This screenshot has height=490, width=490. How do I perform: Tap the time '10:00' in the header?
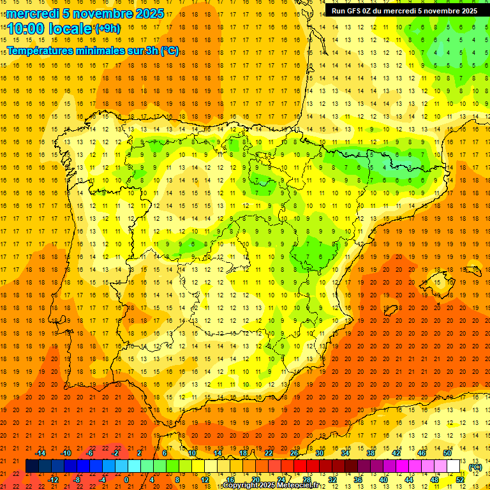click(26, 29)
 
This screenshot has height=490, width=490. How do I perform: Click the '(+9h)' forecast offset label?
click(107, 28)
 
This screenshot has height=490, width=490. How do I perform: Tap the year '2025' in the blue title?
click(150, 13)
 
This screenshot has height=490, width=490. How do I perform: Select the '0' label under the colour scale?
click(126, 479)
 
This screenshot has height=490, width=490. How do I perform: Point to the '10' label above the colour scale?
click(191, 453)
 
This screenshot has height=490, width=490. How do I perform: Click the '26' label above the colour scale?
click(294, 453)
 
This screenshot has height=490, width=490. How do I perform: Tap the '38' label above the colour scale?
click(371, 453)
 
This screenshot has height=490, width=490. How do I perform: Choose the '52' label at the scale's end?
click(460, 479)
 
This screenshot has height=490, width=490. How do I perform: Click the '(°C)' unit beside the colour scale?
click(475, 467)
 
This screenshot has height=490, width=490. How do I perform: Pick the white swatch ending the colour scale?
click(454, 466)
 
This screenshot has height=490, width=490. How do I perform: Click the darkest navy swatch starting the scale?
click(32, 466)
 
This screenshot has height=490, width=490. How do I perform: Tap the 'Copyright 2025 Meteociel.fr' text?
click(271, 486)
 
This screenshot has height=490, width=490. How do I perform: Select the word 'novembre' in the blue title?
click(102, 13)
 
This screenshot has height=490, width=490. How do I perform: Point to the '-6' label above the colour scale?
click(90, 453)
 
